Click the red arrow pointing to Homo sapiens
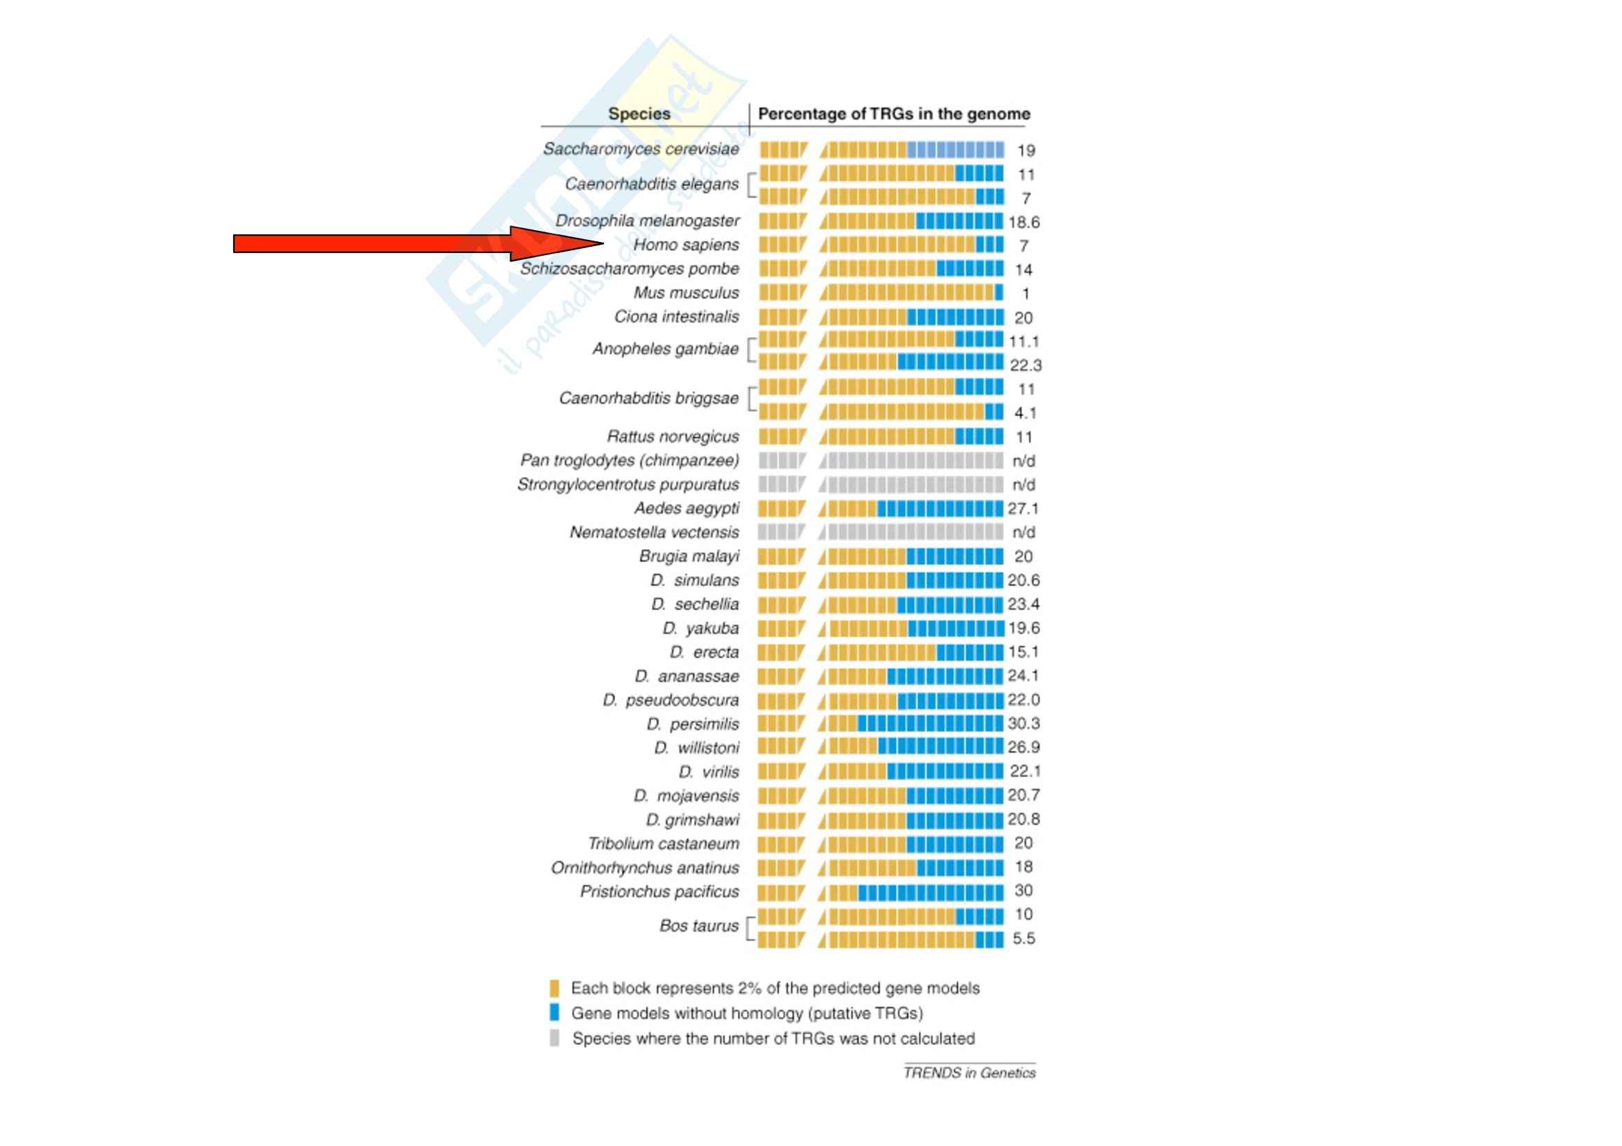417,243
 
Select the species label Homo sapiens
685,245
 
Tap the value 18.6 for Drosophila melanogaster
1024,223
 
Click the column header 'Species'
639,114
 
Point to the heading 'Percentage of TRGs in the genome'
894,114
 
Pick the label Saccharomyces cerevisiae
640,149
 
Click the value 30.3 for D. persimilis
1024,724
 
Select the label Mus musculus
685,293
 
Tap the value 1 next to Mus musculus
1025,294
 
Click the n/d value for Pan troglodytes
1024,461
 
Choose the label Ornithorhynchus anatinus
644,868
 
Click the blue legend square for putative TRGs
555,1013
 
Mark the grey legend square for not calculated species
555,1038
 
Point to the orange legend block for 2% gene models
555,988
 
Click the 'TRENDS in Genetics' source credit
969,1073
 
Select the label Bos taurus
698,926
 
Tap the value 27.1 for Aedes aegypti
1024,508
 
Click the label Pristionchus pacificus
659,892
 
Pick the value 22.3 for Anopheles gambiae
1025,365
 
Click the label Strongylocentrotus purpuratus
628,485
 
